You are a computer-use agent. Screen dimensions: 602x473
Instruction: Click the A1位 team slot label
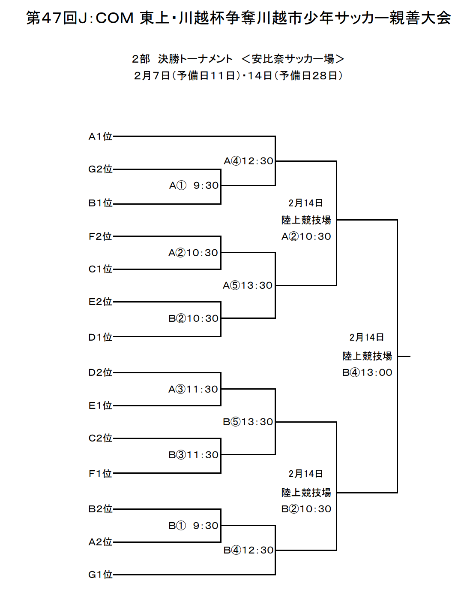point(100,136)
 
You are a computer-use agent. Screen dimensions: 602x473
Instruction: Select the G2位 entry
point(100,169)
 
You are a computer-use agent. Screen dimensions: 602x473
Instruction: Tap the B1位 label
point(100,203)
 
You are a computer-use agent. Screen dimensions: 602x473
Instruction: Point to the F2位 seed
point(100,236)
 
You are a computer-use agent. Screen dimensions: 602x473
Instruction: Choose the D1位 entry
point(100,337)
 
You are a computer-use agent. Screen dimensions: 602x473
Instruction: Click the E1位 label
point(100,405)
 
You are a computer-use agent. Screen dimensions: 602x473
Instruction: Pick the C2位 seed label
point(100,438)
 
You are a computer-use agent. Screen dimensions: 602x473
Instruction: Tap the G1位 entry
point(100,575)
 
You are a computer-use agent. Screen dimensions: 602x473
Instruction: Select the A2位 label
point(100,542)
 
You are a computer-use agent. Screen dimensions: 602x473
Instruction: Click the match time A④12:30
point(248,161)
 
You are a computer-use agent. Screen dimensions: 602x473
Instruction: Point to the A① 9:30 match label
point(194,185)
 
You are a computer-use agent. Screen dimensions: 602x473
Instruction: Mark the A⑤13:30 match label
point(248,285)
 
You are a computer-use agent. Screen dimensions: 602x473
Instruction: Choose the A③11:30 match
point(193,389)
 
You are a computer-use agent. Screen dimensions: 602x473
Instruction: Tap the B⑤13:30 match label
point(248,422)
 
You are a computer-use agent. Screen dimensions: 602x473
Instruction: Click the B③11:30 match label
point(193,455)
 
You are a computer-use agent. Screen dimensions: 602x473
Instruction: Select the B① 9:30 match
point(193,526)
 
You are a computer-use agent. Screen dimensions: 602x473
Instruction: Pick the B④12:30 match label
point(248,550)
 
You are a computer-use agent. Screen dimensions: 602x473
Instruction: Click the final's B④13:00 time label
point(367,372)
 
